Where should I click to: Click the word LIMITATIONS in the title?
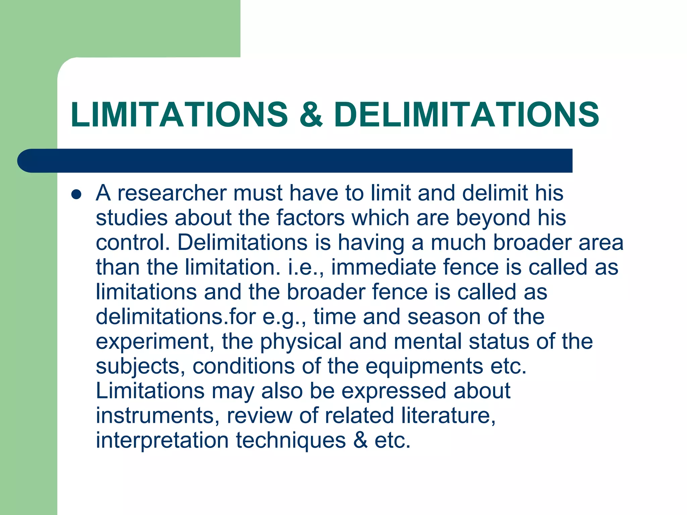coord(179,115)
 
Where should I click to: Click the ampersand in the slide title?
coord(311,115)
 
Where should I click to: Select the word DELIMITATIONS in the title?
coord(466,115)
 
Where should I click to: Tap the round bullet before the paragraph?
coord(76,194)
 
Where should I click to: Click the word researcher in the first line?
coord(172,193)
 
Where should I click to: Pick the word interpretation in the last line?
coord(162,440)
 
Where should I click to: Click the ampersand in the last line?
coord(360,440)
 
